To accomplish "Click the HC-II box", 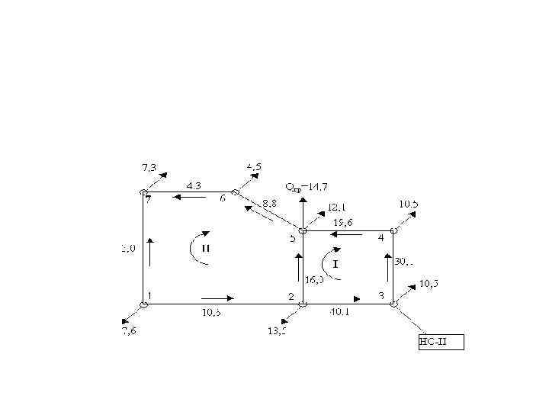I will [440, 341].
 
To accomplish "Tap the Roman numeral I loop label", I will [335, 263].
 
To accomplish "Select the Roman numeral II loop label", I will [207, 248].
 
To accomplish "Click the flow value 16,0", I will [314, 280].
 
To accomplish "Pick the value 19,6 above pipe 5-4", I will [343, 223].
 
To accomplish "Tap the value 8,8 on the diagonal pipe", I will [270, 204].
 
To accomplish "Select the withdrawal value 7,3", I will [150, 166].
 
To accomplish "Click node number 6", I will [223, 198].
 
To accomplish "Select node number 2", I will [291, 295].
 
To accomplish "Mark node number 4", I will [380, 237].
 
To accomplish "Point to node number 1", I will [150, 295].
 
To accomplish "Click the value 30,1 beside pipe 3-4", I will [405, 261].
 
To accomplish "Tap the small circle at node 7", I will [143, 192].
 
